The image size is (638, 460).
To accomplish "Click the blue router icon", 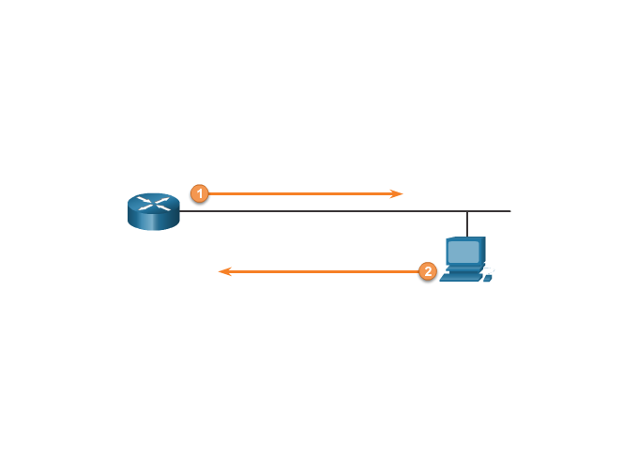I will [153, 211].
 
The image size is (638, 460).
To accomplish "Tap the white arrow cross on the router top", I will [153, 203].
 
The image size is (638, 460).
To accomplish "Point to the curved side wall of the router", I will [153, 222].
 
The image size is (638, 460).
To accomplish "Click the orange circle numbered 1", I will [199, 193].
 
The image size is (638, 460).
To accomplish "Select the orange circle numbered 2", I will [428, 271].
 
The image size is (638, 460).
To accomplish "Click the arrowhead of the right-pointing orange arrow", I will [398, 193].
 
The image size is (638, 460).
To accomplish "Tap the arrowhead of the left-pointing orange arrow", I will [223, 271].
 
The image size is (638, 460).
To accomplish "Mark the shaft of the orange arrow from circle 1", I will [300, 193].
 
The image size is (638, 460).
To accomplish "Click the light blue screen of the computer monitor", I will [463, 252].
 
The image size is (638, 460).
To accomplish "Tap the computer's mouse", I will [488, 278].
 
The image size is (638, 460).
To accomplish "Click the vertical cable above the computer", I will [467, 223].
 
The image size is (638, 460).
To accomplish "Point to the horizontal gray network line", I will [328, 211].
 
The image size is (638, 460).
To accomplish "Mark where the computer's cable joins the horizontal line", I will [467, 211].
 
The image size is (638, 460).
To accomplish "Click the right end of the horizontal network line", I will [509, 211].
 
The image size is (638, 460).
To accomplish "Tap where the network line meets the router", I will [181, 211].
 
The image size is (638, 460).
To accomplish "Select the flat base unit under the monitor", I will [463, 269].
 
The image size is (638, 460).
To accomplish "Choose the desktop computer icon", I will [465, 259].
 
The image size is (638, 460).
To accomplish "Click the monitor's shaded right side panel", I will [482, 251].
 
